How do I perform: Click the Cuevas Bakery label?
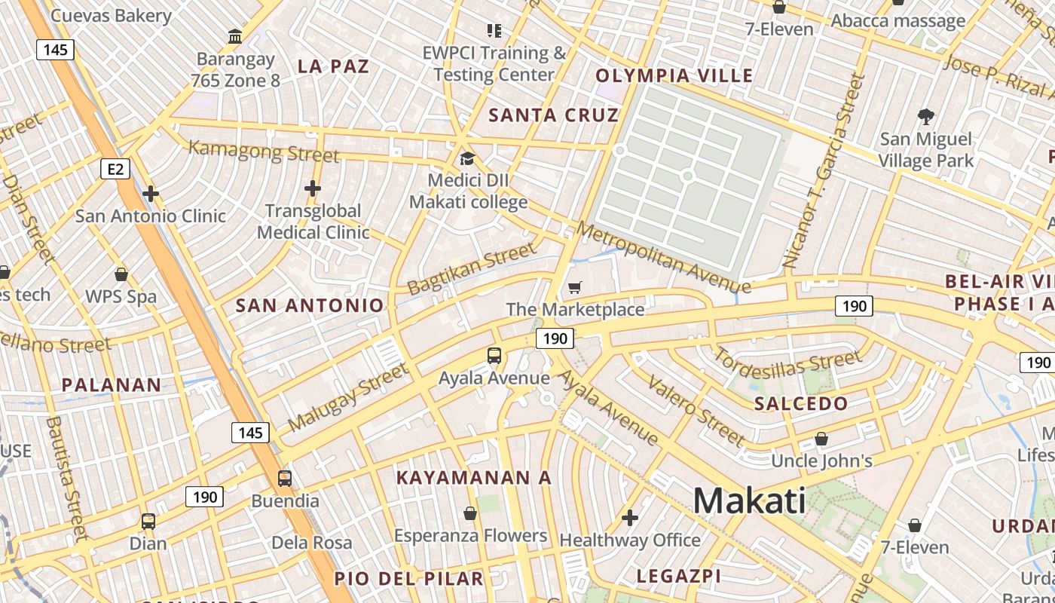click(x=111, y=15)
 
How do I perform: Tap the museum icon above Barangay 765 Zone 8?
click(x=234, y=35)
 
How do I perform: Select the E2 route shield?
click(x=115, y=169)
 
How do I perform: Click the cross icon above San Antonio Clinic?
click(x=151, y=194)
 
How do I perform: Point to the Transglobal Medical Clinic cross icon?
click(x=313, y=188)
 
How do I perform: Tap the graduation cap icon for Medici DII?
click(x=467, y=158)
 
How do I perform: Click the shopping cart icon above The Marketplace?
click(x=575, y=287)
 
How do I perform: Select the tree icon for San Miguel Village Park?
click(x=926, y=117)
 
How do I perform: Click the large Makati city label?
click(x=749, y=500)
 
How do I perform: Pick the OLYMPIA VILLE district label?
click(x=674, y=75)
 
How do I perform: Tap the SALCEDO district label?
click(x=801, y=403)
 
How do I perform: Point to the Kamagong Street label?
click(x=263, y=152)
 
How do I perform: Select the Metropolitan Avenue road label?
click(x=663, y=257)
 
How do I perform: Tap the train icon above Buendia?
click(x=285, y=479)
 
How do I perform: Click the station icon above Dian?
click(x=148, y=521)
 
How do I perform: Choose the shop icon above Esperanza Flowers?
click(x=470, y=514)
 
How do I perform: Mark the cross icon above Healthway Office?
click(x=630, y=518)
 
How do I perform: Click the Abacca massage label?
click(x=898, y=20)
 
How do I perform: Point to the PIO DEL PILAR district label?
click(x=408, y=578)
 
